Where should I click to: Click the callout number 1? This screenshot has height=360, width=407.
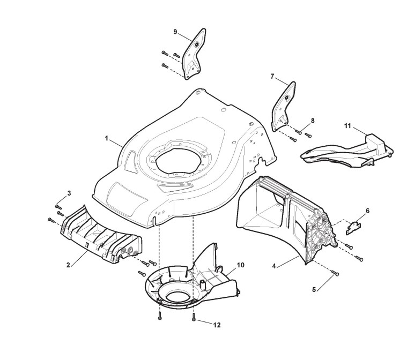coord(107,138)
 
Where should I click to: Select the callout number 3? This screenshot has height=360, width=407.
coord(69,192)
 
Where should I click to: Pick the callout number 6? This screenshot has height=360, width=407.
coord(367,211)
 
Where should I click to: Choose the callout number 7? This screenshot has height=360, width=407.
coord(272,77)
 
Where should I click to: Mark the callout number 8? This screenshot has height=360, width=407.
coord(313,121)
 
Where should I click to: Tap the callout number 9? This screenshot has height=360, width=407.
coord(175,32)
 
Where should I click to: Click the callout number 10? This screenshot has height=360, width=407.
coord(240,265)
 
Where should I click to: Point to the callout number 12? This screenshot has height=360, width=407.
coord(217,325)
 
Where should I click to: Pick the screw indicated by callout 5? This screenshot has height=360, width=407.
coord(336,274)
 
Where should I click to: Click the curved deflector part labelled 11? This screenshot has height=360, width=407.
coord(343,151)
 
